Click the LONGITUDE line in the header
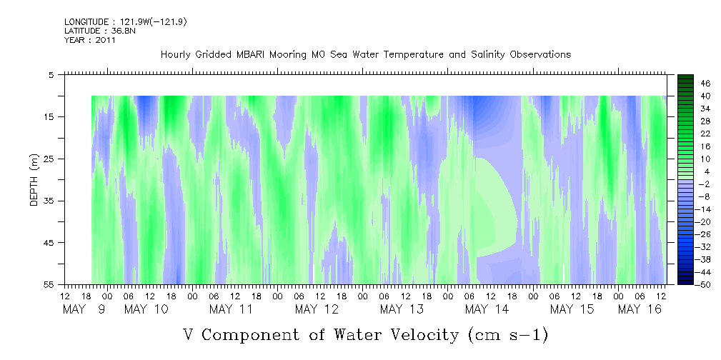(126, 21)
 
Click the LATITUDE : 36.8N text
(100, 31)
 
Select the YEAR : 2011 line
(89, 40)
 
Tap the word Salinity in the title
(488, 55)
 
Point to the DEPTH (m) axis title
(34, 180)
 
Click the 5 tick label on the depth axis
(51, 74)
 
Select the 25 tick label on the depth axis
(49, 159)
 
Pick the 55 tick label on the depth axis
(49, 284)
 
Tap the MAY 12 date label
(317, 309)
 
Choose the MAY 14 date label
(487, 309)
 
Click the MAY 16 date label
(640, 309)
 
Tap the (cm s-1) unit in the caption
(508, 335)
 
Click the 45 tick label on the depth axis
(49, 242)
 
